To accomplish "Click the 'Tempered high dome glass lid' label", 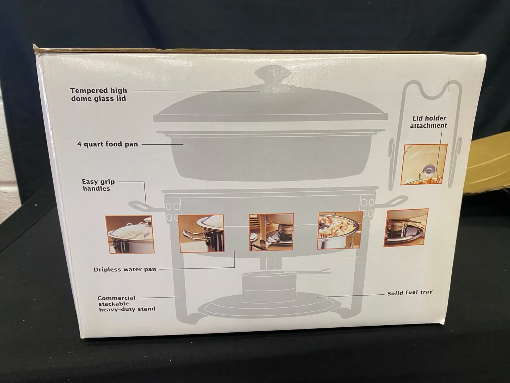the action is coord(98,94).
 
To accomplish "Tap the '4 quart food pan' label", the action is coord(108,144).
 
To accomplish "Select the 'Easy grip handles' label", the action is coord(98,185).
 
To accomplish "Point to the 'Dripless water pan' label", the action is coord(125,269).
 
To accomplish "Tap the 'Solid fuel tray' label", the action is coord(410,292).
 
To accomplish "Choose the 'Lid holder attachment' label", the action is coord(428,122).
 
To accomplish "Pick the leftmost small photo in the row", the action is coord(130,234).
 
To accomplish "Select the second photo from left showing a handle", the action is coord(201,233).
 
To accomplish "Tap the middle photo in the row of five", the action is coord(271,232).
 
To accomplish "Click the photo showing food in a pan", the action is coord(340,231).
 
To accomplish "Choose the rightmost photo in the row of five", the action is coord(406,228).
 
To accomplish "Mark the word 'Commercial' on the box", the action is coord(116,298).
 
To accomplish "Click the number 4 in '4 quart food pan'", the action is coord(79,144).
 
